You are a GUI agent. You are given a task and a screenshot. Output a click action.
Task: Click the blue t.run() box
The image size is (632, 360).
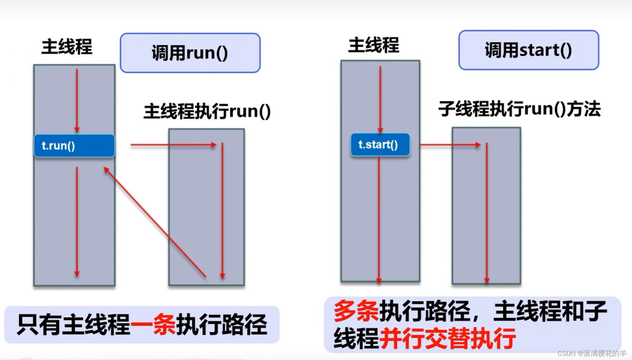coord(74,146)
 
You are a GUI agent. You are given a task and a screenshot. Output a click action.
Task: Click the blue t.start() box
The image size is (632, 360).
coord(380,145)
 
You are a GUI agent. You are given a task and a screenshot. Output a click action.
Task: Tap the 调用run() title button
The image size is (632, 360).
coord(190,53)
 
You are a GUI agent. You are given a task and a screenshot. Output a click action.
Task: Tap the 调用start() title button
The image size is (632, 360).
coord(528,50)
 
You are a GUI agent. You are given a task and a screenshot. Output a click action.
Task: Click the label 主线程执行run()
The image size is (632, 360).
coord(207,111)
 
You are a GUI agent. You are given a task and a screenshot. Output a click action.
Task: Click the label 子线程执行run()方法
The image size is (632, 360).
coord(519,109)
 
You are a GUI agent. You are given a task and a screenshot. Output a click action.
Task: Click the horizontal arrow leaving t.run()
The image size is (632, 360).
coord(173,145)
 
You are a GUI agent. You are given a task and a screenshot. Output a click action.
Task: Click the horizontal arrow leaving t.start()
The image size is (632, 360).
coord(450,145)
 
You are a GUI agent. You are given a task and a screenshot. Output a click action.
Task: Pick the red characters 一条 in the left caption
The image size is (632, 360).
coord(153,324)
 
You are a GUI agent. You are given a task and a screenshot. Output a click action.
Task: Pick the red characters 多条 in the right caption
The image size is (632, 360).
coord(356,311)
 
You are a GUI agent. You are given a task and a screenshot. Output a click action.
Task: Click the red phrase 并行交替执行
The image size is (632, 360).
coord(448,338)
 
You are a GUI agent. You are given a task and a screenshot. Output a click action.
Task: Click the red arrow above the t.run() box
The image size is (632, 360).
coord(77,101)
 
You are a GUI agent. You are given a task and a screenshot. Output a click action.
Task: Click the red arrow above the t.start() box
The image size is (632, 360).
coord(380,99)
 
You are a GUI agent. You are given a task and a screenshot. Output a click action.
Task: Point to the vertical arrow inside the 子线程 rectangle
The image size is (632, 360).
coord(487,212)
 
